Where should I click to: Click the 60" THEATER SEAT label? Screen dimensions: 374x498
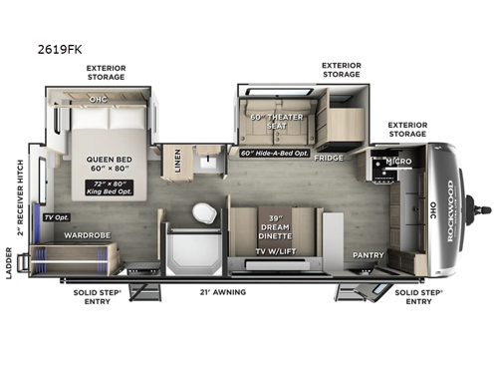(272, 125)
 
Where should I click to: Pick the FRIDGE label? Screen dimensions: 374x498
(328, 158)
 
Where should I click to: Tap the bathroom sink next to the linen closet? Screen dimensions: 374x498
(210, 162)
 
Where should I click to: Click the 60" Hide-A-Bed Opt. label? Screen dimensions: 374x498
(274, 154)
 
